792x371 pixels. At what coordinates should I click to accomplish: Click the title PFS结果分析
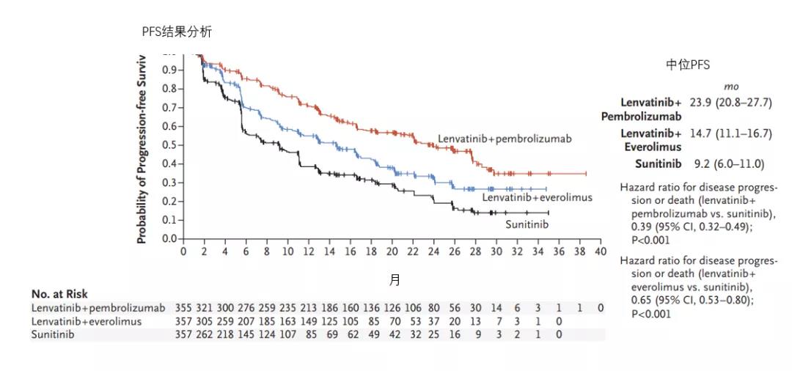tap(177, 32)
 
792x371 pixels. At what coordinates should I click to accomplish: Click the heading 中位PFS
tap(687, 65)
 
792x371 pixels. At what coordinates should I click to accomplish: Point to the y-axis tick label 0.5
tap(169, 145)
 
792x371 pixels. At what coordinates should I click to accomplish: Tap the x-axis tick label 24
tap(434, 251)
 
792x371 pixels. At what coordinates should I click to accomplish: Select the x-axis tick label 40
tap(601, 251)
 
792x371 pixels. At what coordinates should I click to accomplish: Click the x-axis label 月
tap(395, 280)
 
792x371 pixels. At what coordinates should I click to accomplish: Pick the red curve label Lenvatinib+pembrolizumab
tap(505, 139)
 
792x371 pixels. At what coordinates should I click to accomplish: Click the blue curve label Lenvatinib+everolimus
tap(537, 197)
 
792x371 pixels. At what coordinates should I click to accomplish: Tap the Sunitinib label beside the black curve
tap(527, 224)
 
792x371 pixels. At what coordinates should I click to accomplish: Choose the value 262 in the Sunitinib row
tap(210, 334)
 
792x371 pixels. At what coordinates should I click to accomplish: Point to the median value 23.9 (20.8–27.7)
tap(730, 103)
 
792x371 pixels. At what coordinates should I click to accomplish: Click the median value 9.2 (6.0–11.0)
tap(727, 164)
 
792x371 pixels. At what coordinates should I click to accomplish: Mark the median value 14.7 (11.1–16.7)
tap(730, 133)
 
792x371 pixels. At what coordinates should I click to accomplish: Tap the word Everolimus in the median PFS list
tap(652, 147)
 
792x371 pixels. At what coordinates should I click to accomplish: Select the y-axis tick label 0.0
tap(169, 239)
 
